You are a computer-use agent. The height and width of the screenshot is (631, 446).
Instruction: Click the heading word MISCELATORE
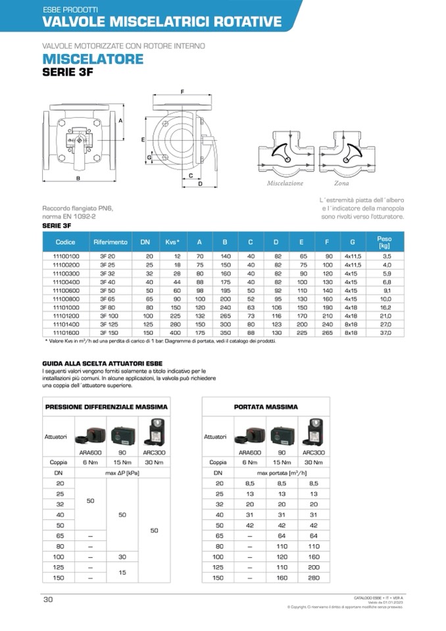pyautogui.click(x=93, y=59)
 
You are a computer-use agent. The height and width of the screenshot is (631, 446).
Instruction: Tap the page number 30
pyautogui.click(x=48, y=599)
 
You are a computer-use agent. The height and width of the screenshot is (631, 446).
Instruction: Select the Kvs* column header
pyautogui.click(x=173, y=242)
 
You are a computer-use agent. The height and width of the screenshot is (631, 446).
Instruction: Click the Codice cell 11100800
pyautogui.click(x=66, y=299)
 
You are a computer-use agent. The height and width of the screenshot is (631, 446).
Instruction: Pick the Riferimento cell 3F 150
pyautogui.click(x=107, y=334)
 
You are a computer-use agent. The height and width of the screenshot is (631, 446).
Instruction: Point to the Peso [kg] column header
pyautogui.click(x=385, y=241)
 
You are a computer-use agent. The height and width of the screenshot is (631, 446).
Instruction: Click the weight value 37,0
pyautogui.click(x=386, y=334)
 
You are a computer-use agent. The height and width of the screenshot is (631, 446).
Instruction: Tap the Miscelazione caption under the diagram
pyautogui.click(x=285, y=183)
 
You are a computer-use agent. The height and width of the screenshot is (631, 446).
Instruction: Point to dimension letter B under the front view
pyautogui.click(x=78, y=178)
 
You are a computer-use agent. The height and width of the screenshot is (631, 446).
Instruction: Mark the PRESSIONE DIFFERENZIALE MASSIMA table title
pyautogui.click(x=107, y=407)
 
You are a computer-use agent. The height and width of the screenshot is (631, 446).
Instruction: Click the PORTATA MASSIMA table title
pyautogui.click(x=265, y=407)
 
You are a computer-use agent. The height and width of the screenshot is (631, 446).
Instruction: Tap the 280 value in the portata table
pyautogui.click(x=314, y=577)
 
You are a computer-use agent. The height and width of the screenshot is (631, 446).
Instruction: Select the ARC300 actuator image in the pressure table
pyautogui.click(x=154, y=432)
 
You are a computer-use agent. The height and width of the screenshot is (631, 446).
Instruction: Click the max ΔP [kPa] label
pyautogui.click(x=122, y=473)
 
